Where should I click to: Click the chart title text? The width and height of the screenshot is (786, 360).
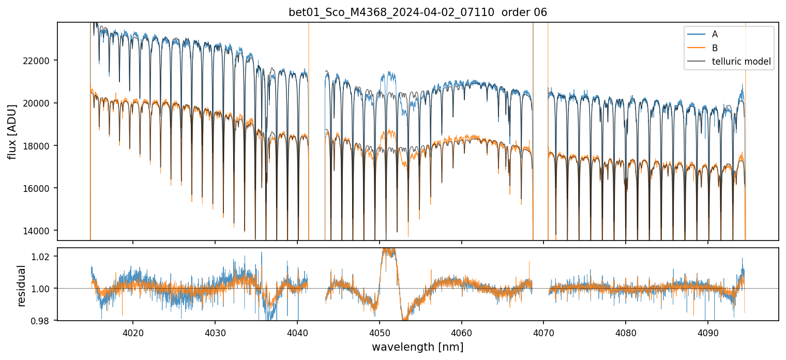point(418,12)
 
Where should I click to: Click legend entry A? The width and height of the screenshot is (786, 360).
point(715,34)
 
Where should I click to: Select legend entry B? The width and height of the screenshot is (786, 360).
point(715,48)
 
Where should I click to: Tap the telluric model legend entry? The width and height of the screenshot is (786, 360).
point(741,62)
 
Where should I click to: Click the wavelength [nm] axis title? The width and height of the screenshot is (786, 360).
point(418,347)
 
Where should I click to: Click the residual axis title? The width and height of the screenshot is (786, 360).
point(21,286)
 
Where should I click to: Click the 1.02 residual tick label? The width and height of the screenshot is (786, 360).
point(43,256)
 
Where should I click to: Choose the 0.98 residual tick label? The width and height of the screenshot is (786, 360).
point(43,321)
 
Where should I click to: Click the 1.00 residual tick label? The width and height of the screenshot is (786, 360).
point(43,289)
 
